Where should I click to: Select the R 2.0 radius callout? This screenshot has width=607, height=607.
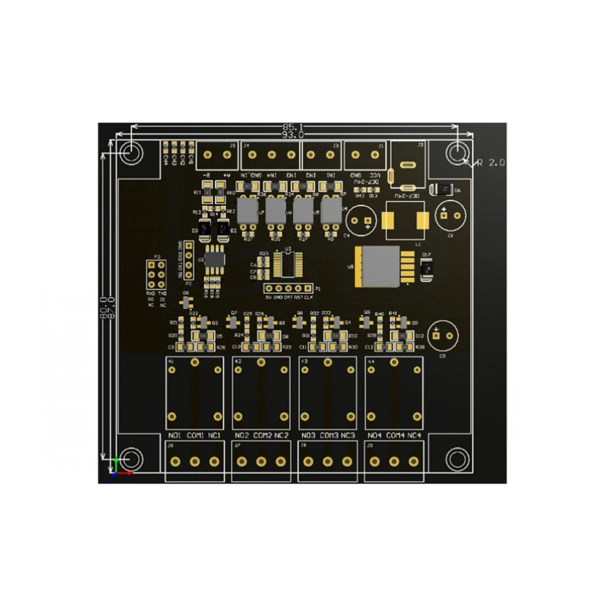tap(491, 162)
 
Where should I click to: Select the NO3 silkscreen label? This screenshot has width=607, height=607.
tap(308, 436)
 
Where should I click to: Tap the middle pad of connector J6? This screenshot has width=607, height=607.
tap(194, 461)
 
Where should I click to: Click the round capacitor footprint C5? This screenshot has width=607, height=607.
tap(443, 336)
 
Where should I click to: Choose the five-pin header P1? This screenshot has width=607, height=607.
tap(290, 289)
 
